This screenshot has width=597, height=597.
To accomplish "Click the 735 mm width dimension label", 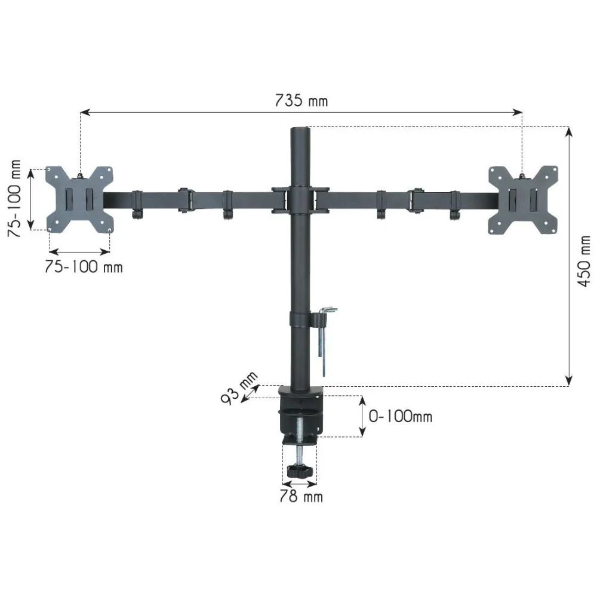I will (x=301, y=100).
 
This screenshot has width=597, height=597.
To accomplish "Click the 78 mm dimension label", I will (x=301, y=496).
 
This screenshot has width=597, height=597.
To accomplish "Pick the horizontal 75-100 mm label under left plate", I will (x=84, y=267).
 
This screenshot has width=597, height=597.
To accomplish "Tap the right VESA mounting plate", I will (x=523, y=199).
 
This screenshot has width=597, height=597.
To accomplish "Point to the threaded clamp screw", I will (x=300, y=433).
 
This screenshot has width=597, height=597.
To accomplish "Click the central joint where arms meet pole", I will (x=300, y=200).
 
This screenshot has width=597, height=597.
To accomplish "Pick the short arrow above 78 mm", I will (x=300, y=484).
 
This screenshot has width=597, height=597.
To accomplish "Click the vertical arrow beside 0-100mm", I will (x=362, y=416).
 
